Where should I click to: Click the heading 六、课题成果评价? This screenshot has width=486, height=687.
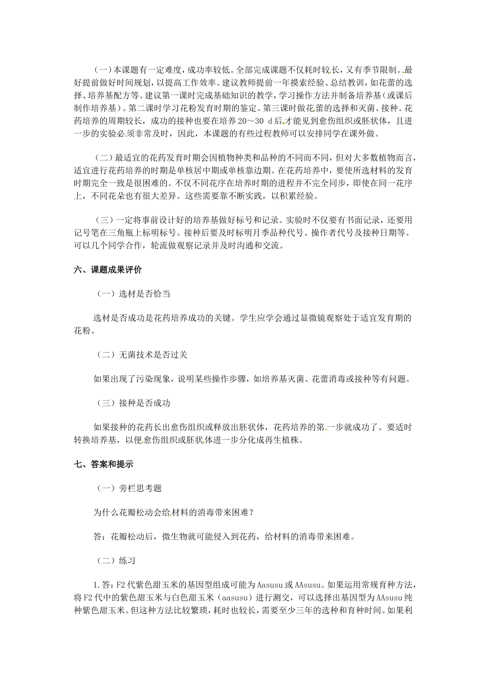pos(107,269)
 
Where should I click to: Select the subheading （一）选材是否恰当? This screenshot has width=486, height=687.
pos(134,294)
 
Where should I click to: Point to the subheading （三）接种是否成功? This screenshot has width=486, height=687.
pos(134,403)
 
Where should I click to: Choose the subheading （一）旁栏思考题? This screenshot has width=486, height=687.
pos(129,488)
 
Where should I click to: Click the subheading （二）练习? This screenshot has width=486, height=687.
pos(116,561)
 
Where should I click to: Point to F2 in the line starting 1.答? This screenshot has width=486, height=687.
pos(121,585)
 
